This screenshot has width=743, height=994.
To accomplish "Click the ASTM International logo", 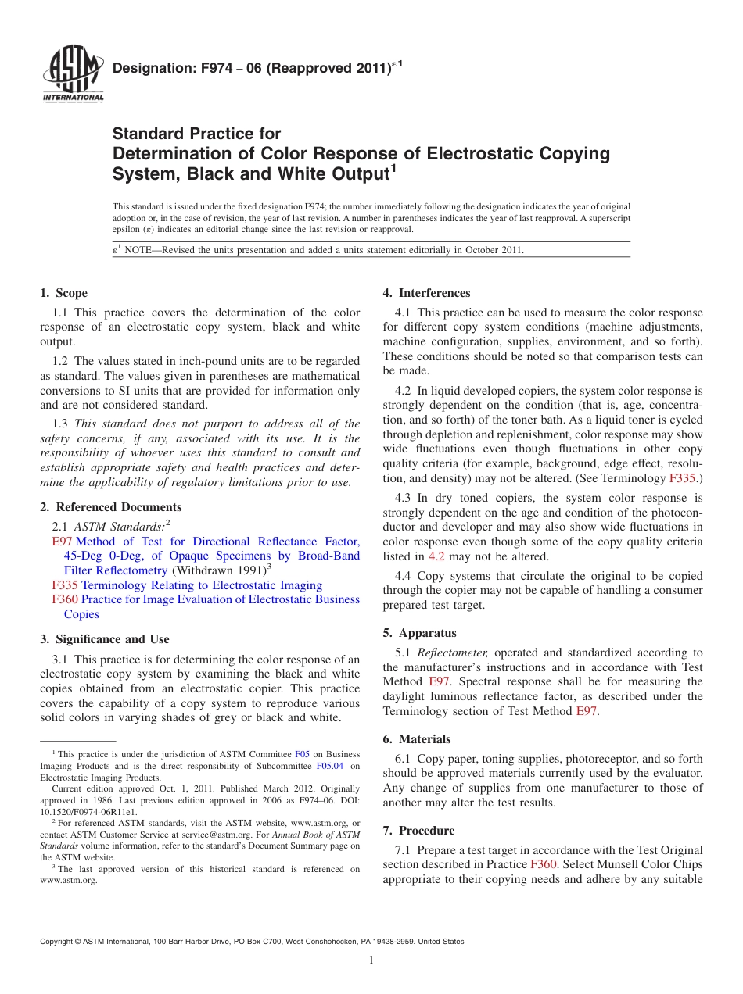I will click(73, 73).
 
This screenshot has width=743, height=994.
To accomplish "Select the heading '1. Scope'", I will click(63, 293).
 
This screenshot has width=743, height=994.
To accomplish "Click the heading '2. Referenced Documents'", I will click(110, 507).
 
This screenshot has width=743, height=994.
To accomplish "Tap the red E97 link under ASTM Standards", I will click(62, 542).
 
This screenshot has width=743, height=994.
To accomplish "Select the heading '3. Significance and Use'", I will click(104, 639).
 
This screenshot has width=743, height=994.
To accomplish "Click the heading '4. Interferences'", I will click(426, 293).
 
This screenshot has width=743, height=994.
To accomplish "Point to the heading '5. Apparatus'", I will click(419, 633).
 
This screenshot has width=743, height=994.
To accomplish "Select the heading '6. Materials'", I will click(417, 739).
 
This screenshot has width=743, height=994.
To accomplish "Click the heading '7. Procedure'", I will click(418, 831).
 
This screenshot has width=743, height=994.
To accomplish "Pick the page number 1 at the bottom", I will click(371, 960).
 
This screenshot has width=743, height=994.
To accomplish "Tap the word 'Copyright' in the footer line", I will click(57, 942).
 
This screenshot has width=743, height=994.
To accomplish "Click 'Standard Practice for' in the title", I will click(196, 134).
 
